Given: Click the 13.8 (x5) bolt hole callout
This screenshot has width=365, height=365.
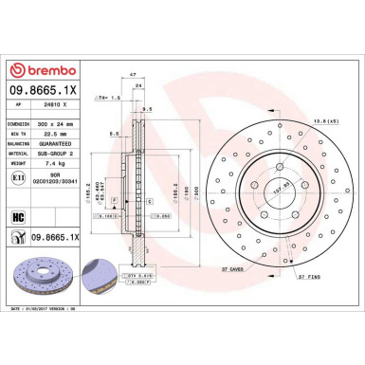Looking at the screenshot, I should [x=325, y=122].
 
